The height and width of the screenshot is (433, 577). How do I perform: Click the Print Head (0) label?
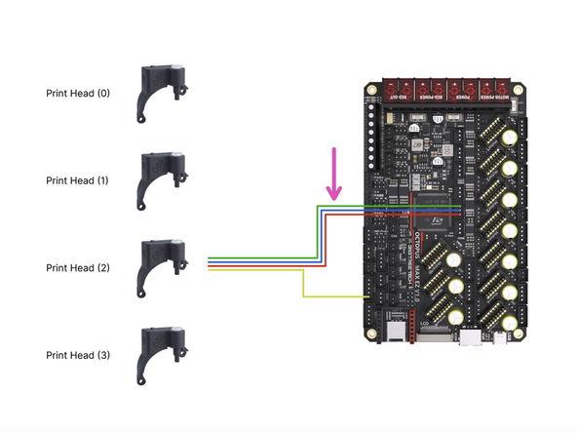click(x=78, y=94)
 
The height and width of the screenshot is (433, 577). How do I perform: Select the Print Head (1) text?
click(x=78, y=181)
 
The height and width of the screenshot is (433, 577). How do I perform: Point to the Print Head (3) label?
click(x=78, y=356)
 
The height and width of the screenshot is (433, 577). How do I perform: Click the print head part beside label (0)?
click(x=160, y=93)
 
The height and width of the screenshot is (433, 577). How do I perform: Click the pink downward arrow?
click(x=335, y=176)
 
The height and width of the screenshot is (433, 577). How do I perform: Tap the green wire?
click(x=314, y=234)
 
